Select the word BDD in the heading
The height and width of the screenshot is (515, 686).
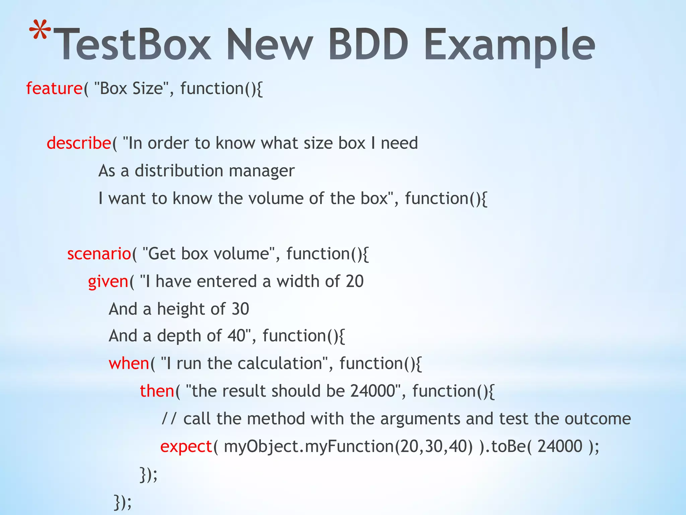[x=368, y=45]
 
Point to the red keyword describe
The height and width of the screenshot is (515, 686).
[x=79, y=143]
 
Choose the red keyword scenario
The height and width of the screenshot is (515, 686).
[x=99, y=253]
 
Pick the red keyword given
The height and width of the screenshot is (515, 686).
[x=108, y=282]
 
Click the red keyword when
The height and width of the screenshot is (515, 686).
[x=129, y=363]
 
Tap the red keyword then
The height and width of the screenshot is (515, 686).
[x=157, y=391]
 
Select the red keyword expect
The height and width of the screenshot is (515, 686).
[x=186, y=447]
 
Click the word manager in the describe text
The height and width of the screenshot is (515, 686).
[x=262, y=171]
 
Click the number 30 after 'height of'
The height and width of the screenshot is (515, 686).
[x=240, y=309]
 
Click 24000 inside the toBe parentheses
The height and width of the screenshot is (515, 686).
[x=560, y=446]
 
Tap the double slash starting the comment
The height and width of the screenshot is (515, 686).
[x=168, y=419]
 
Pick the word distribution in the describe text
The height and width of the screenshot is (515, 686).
[x=179, y=171]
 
